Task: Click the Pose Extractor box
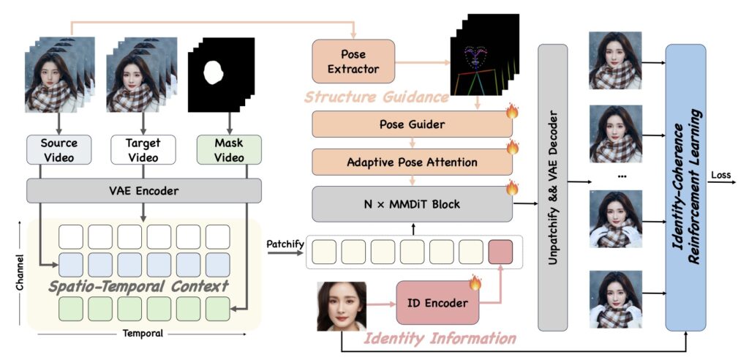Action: (x=353, y=61)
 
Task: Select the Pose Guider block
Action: (x=412, y=124)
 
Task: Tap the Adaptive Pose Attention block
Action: (x=412, y=162)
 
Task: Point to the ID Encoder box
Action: (x=437, y=301)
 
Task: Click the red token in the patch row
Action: (x=500, y=252)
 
